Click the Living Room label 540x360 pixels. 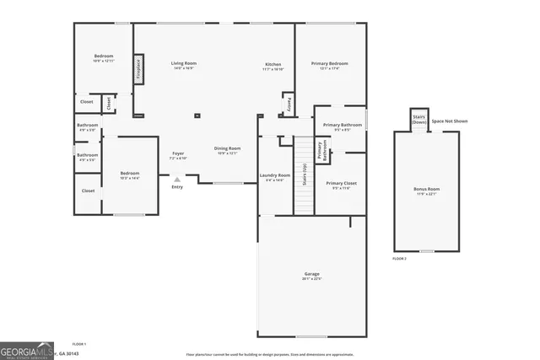pyautogui.click(x=183, y=66)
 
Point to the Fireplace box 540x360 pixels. pyautogui.click(x=138, y=68)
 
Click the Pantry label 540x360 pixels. pyautogui.click(x=288, y=101)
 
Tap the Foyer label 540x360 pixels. pyautogui.click(x=177, y=155)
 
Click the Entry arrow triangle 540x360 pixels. pyautogui.click(x=177, y=180)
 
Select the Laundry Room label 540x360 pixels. pyautogui.click(x=274, y=177)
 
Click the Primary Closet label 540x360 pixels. pyautogui.click(x=341, y=185)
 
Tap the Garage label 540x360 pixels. pyautogui.click(x=312, y=276)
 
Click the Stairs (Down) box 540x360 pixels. pyautogui.click(x=419, y=120)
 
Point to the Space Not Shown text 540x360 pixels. pyautogui.click(x=449, y=121)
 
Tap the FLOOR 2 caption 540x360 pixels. pyautogui.click(x=400, y=259)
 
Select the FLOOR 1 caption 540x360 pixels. pyautogui.click(x=79, y=344)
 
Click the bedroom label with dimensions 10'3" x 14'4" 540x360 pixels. pyautogui.click(x=129, y=175)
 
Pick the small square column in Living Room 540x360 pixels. pyautogui.click(x=197, y=116)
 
